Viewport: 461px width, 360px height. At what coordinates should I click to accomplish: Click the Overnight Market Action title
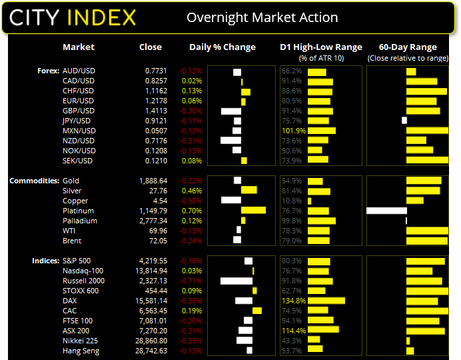tap(262, 17)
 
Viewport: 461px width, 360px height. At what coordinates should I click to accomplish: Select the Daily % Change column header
tap(223, 47)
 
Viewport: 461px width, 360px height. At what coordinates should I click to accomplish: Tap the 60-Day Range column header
tap(408, 47)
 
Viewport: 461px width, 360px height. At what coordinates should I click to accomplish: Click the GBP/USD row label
tap(78, 111)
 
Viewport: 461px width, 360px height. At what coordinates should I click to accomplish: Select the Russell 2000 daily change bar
tap(236, 281)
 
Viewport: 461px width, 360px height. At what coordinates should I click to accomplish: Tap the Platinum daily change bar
tap(253, 211)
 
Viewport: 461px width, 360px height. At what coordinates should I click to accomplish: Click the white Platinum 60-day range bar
tap(386, 211)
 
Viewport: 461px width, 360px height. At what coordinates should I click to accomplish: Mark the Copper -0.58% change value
tap(191, 201)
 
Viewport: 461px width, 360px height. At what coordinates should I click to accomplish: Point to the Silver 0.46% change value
tap(193, 191)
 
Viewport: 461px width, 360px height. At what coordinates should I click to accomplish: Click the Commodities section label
tap(33, 181)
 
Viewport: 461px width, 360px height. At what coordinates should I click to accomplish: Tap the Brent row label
tap(71, 241)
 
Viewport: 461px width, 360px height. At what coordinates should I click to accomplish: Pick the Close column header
tap(151, 47)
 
